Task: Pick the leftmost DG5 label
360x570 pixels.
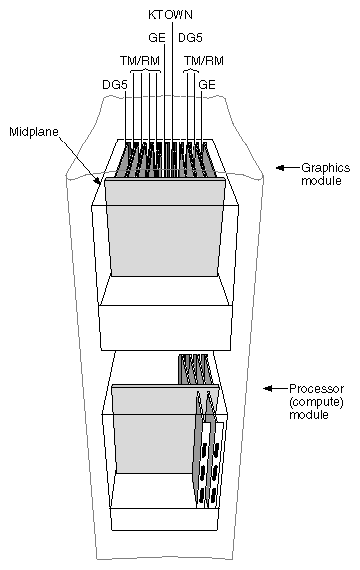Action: coord(114,85)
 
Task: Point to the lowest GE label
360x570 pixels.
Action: coord(208,85)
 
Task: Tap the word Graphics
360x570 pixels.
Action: coord(321,169)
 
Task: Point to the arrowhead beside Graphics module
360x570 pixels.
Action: coord(282,168)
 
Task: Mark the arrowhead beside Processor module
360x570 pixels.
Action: coord(268,388)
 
